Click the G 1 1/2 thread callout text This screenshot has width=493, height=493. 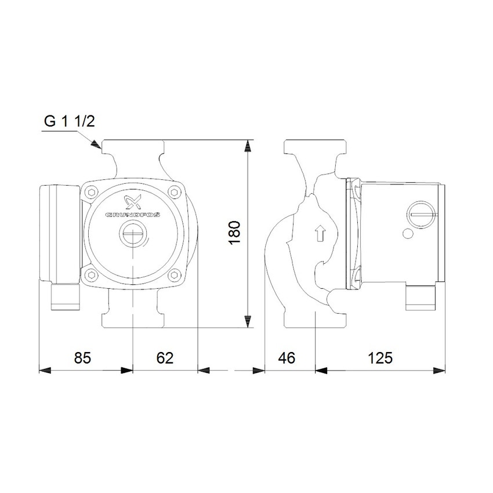[68, 122]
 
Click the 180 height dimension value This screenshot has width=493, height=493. [234, 232]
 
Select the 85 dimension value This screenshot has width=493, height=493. [83, 358]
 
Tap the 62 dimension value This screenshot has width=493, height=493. [165, 358]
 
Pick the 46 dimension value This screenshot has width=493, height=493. [286, 358]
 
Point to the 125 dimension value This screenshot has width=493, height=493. [380, 358]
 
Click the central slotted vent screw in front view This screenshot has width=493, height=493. [133, 235]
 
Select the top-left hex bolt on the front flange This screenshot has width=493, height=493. [91, 192]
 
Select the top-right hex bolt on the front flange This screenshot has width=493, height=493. [175, 192]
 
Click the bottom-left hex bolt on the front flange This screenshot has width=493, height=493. [91, 275]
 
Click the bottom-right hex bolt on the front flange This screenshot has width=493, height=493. [175, 275]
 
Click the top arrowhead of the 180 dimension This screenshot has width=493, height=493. [248, 146]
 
